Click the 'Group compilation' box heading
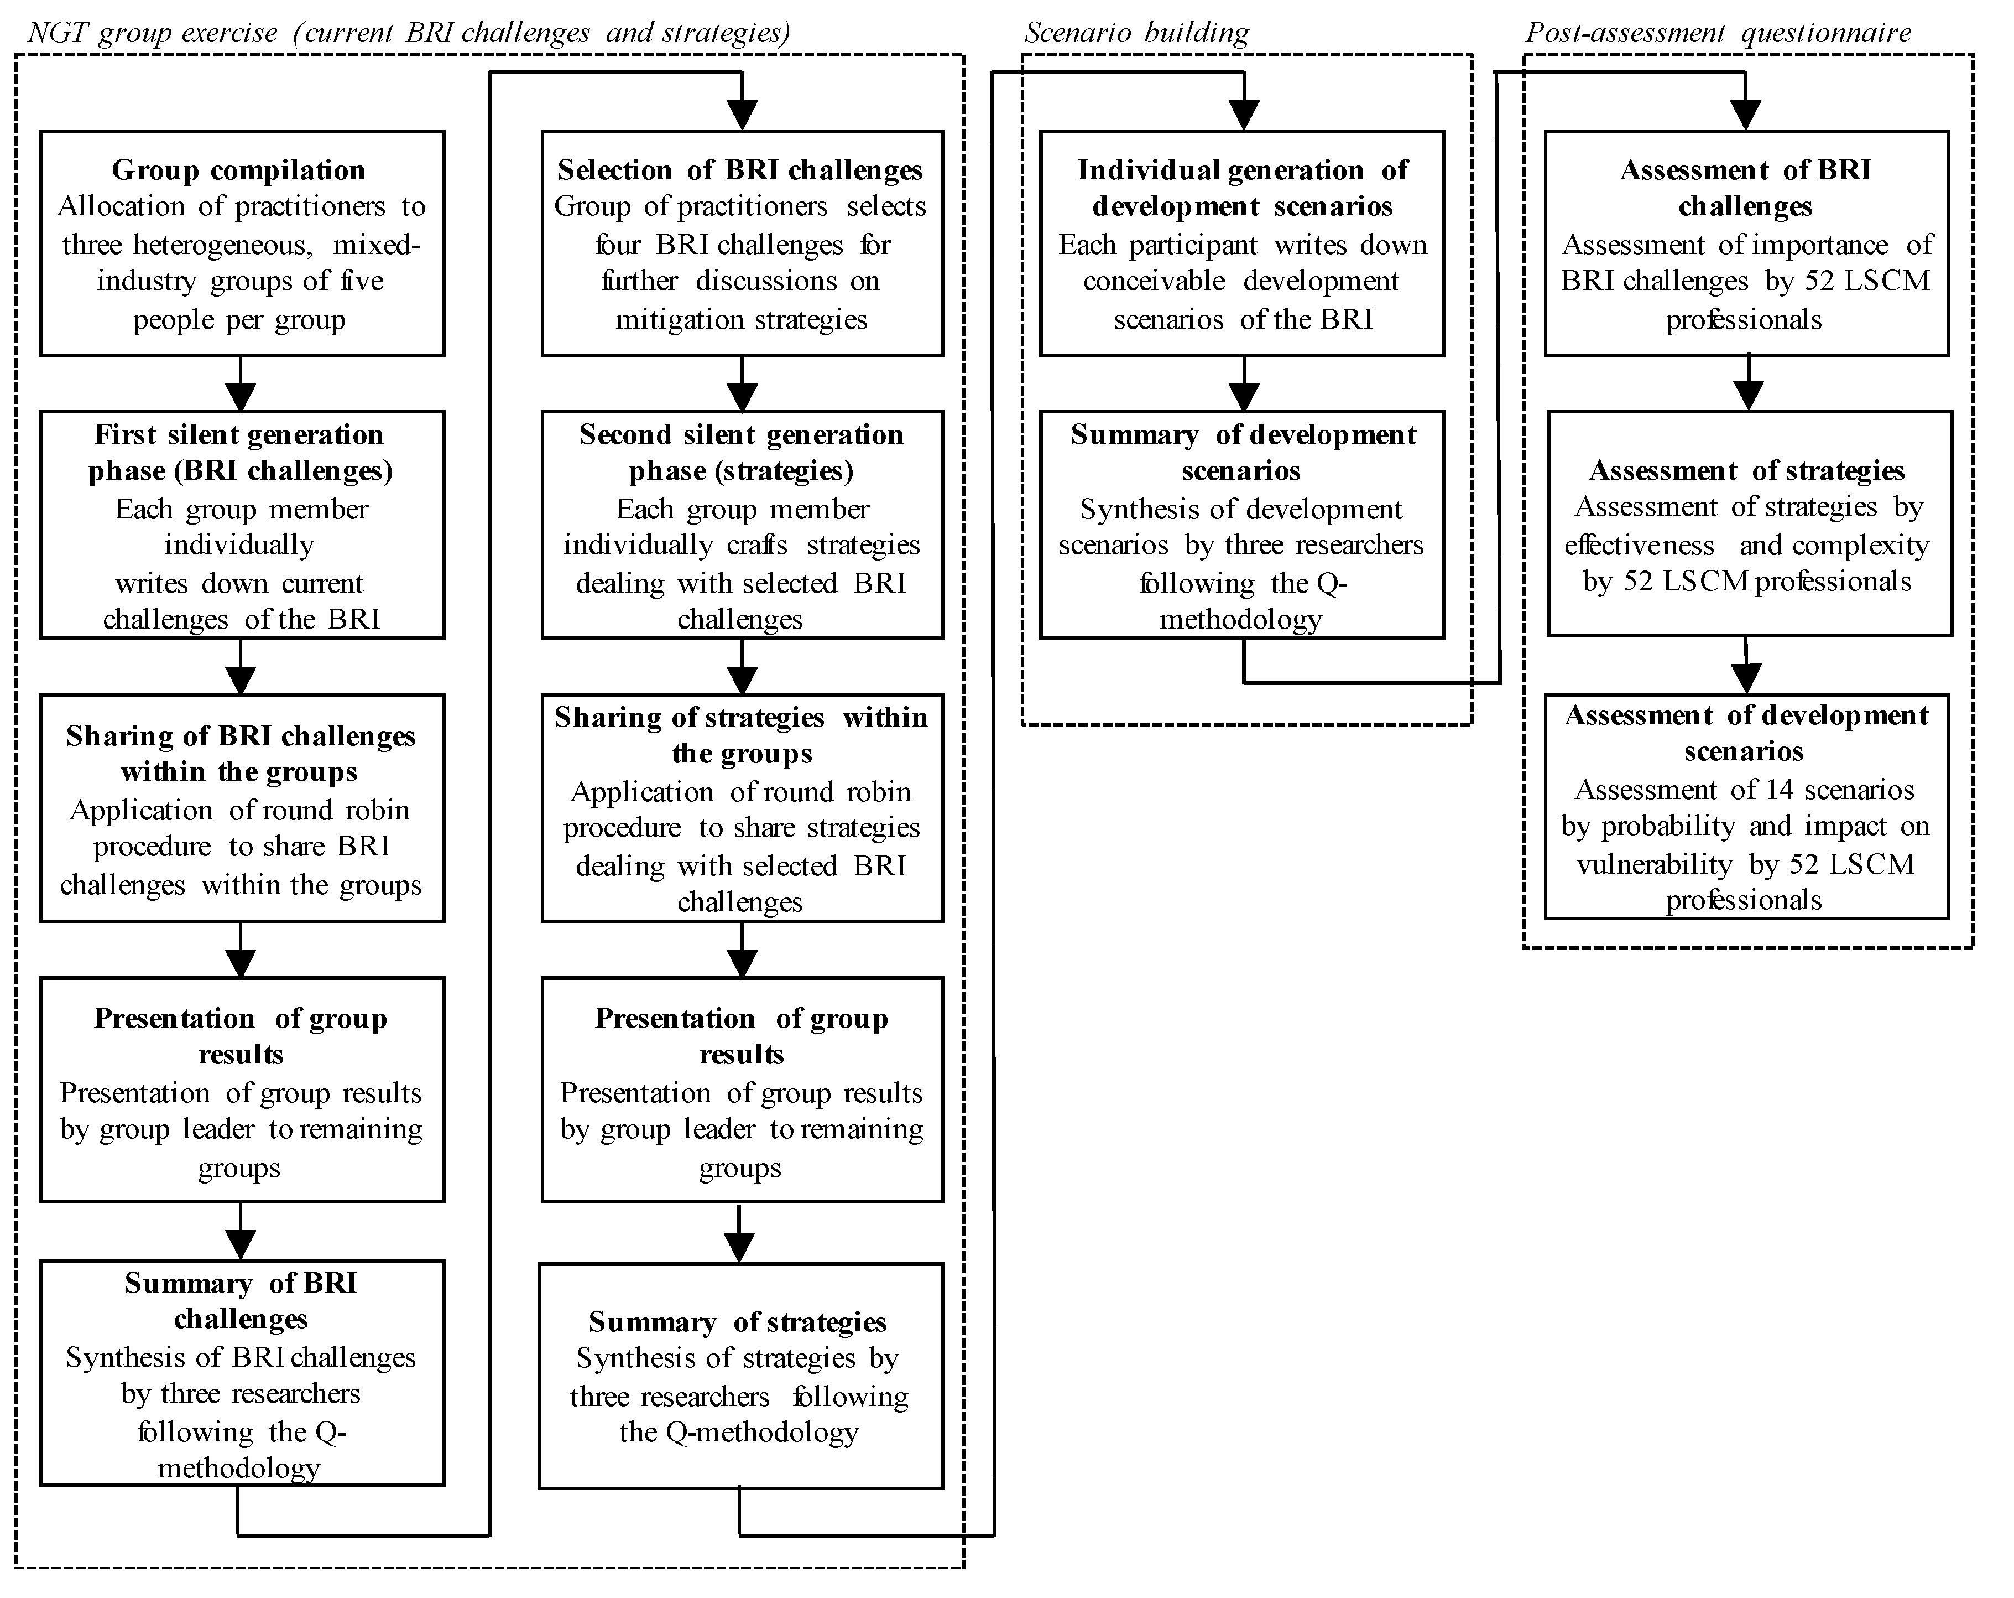[x=238, y=170]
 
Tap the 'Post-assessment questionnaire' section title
[x=1718, y=33]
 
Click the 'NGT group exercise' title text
[x=152, y=33]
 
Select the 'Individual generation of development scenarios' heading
[x=1243, y=187]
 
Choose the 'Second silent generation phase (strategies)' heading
[x=741, y=452]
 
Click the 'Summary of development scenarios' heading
[x=1243, y=452]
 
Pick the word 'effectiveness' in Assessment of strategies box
[x=1640, y=546]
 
